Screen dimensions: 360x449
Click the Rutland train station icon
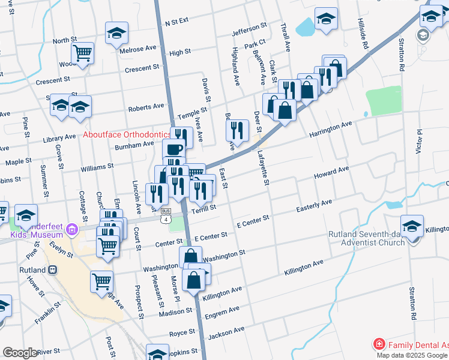point(52,270)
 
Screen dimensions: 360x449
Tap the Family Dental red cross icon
point(379,344)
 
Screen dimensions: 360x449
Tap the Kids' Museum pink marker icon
point(72,229)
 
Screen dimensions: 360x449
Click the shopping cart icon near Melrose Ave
point(83,53)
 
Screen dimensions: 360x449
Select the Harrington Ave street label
point(330,128)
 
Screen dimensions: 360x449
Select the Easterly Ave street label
point(314,206)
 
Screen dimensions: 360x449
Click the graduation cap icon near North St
point(116,34)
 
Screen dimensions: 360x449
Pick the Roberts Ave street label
point(146,106)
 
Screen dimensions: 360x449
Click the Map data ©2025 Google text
point(412,355)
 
